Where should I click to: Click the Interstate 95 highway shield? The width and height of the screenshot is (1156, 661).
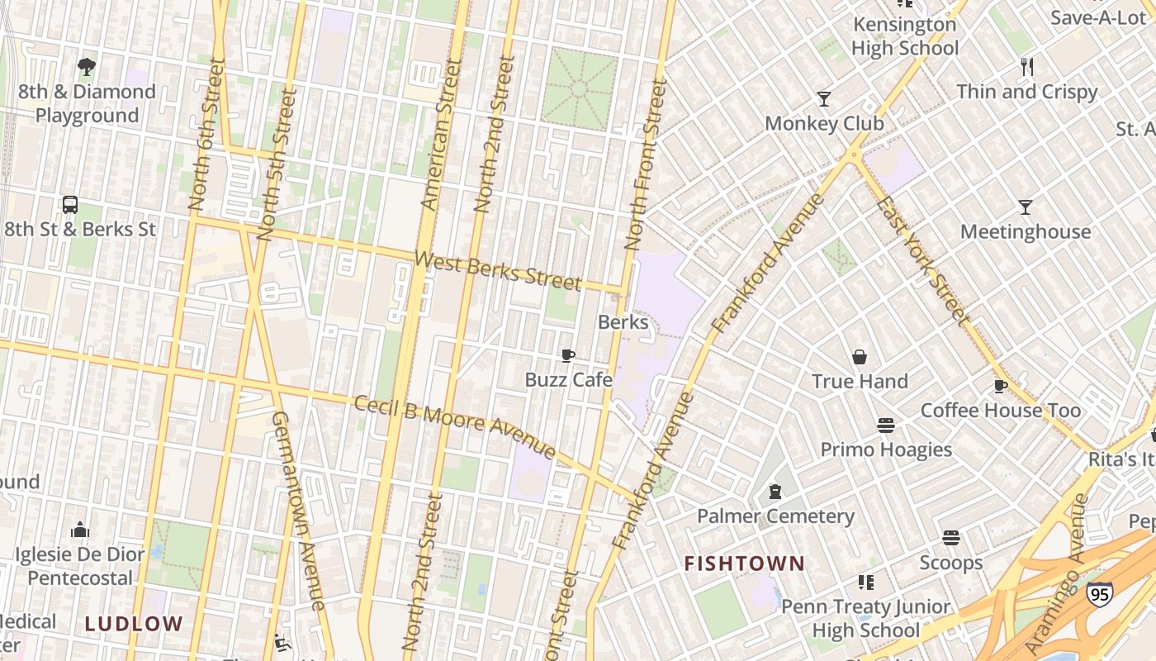pyautogui.click(x=1099, y=593)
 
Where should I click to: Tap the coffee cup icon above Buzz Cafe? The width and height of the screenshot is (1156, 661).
pyautogui.click(x=568, y=355)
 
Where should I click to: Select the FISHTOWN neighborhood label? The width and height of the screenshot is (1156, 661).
pyautogui.click(x=744, y=564)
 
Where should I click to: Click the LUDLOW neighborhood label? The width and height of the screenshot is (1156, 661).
pyautogui.click(x=133, y=624)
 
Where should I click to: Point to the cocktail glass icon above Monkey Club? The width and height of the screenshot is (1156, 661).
pyautogui.click(x=823, y=99)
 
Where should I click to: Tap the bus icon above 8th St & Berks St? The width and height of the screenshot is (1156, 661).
pyautogui.click(x=70, y=205)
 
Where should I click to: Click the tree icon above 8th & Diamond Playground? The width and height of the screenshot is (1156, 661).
pyautogui.click(x=86, y=67)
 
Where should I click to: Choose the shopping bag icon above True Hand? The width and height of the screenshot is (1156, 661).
pyautogui.click(x=860, y=357)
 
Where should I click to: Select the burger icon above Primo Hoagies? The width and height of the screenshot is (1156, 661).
pyautogui.click(x=886, y=426)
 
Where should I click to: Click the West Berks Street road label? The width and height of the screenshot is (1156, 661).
pyautogui.click(x=498, y=271)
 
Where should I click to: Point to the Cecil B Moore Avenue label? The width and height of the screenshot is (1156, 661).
pyautogui.click(x=454, y=426)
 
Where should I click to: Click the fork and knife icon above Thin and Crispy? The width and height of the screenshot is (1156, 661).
pyautogui.click(x=1027, y=67)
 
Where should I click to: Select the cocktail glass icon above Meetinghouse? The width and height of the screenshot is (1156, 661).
pyautogui.click(x=1026, y=207)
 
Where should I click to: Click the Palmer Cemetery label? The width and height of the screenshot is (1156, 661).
pyautogui.click(x=775, y=516)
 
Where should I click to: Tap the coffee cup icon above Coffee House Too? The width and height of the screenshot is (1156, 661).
pyautogui.click(x=1001, y=386)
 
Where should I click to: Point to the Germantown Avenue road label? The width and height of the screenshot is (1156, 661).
pyautogui.click(x=298, y=511)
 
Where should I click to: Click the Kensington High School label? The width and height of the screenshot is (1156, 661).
pyautogui.click(x=905, y=36)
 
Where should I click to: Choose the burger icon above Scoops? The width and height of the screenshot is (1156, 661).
pyautogui.click(x=951, y=538)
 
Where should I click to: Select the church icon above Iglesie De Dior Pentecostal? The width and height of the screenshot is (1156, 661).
pyautogui.click(x=80, y=529)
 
